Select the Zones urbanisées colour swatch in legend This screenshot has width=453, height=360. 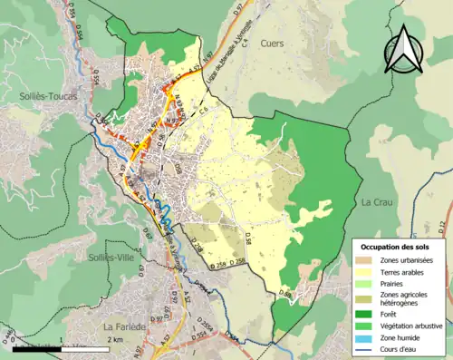click(368, 260)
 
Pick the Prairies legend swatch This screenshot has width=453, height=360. click(368, 284)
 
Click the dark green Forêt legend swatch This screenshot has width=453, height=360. click(368, 316)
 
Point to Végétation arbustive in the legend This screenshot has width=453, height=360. click(411, 326)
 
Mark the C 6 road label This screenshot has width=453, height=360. click(204, 111)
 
